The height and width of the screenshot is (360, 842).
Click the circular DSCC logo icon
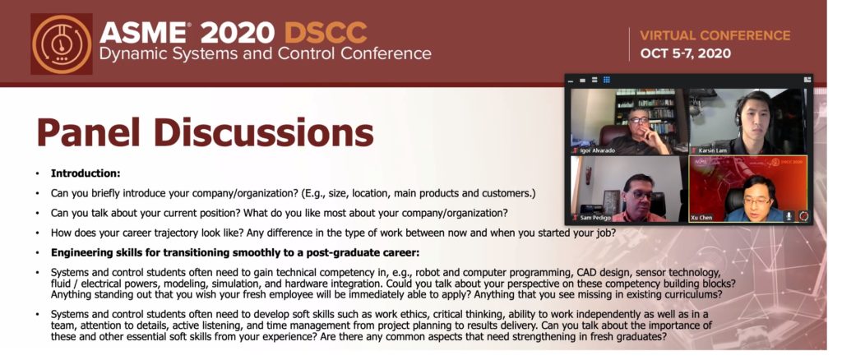tap(62, 44)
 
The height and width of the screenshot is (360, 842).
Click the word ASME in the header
tap(142, 34)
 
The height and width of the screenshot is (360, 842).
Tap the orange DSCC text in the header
tap(326, 34)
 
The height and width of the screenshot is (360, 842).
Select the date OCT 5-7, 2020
tap(685, 53)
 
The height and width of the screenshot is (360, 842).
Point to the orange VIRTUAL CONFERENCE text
tap(715, 35)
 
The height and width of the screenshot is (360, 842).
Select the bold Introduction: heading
tap(86, 173)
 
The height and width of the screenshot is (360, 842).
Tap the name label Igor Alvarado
tap(598, 150)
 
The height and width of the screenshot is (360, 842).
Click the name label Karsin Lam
tap(713, 150)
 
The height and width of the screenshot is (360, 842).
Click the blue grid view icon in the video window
tap(607, 80)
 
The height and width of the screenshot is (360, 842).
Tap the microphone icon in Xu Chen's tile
tap(789, 215)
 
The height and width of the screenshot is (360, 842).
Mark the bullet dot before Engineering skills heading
tap(38, 252)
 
